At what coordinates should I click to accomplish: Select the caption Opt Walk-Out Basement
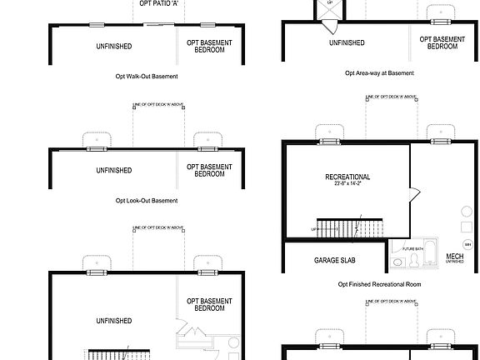(x=147, y=76)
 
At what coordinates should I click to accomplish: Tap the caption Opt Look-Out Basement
(x=147, y=200)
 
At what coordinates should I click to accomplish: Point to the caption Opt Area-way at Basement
(x=380, y=73)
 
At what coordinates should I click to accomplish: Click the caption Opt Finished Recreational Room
(x=378, y=284)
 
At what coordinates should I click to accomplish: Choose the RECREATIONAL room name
(x=347, y=177)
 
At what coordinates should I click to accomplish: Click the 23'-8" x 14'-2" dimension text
(x=347, y=185)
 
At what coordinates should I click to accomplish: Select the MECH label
(x=455, y=257)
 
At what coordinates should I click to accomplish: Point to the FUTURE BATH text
(x=413, y=248)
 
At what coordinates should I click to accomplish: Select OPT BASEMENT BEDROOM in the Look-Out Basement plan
(x=209, y=170)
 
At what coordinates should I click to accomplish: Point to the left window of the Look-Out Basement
(x=97, y=149)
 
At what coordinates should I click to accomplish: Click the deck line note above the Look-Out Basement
(x=158, y=105)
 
